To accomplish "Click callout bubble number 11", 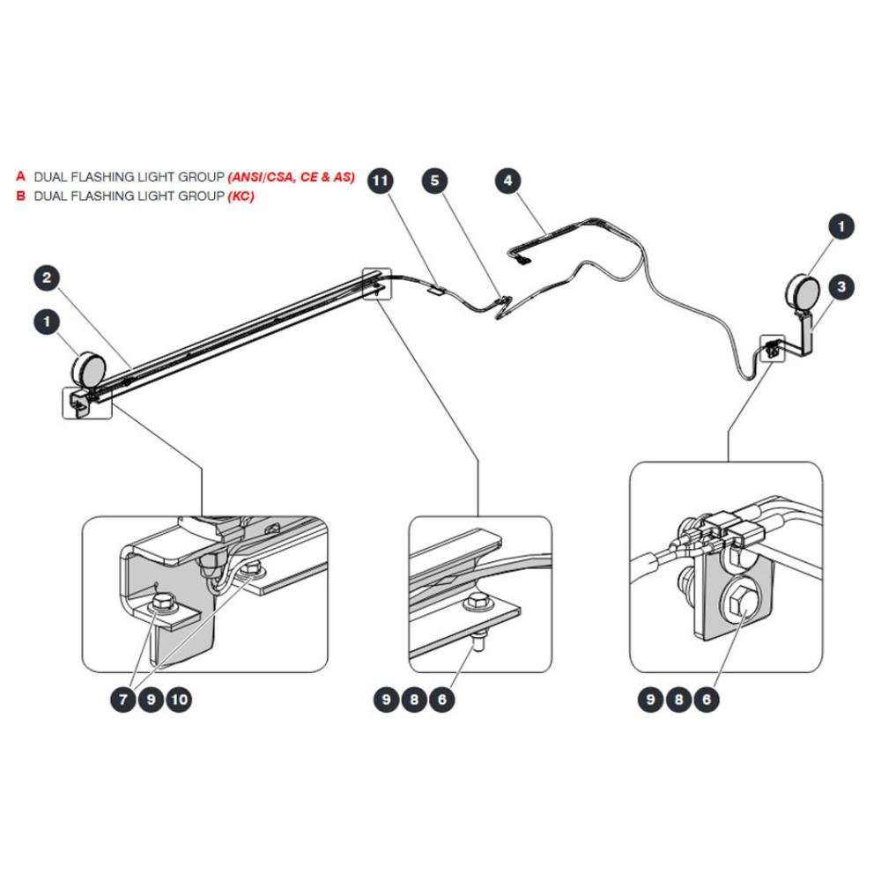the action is pos(381,181).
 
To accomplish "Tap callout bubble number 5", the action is pos(434,181).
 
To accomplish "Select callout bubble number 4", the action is pos(507,181).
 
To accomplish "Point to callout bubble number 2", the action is pos(47,278).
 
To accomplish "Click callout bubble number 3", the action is pos(841,287).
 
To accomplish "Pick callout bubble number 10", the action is pos(179,700).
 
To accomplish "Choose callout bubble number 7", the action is pos(123,700).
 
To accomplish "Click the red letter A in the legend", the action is pos(21,176).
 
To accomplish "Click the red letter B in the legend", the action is pos(21,196).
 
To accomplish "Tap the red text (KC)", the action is pos(241,196).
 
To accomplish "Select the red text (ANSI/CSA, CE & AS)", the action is pos(292,177).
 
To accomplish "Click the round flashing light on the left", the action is pos(89,369).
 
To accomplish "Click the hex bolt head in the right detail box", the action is pos(739,605).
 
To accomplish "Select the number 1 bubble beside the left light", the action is pos(47,322).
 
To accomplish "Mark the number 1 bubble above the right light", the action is pos(841,227).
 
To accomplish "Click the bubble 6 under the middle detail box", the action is pos(442,700).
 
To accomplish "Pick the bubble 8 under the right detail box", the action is pos(678,700).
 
